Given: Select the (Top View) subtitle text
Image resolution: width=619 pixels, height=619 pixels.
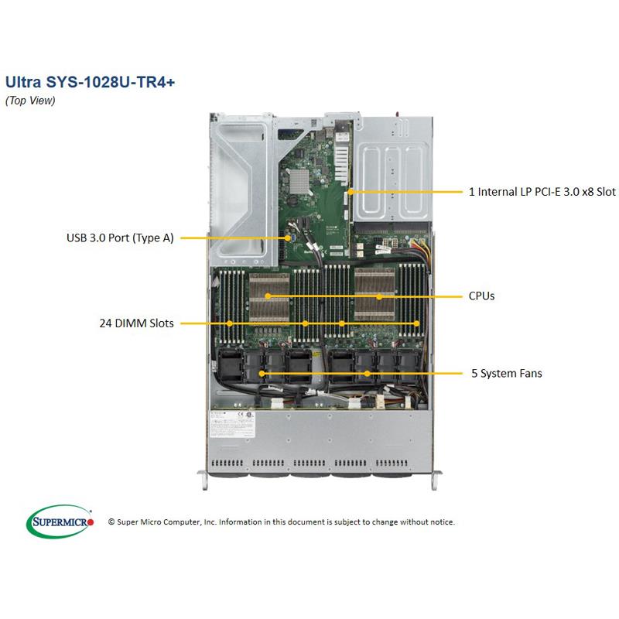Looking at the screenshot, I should pyautogui.click(x=30, y=101).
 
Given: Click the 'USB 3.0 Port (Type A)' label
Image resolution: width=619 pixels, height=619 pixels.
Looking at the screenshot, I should pyautogui.click(x=120, y=238).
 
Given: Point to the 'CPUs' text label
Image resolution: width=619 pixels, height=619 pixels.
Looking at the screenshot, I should pyautogui.click(x=481, y=296).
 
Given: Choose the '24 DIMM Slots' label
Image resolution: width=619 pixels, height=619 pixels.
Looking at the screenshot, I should pyautogui.click(x=135, y=323).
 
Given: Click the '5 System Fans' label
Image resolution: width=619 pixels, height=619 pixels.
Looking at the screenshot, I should pyautogui.click(x=507, y=373).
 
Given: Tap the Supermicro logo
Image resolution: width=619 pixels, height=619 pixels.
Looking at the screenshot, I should pyautogui.click(x=61, y=522).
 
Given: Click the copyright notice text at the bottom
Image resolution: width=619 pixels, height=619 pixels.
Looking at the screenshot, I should pyautogui.click(x=282, y=522).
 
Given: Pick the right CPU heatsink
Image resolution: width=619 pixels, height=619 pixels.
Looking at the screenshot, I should pyautogui.click(x=380, y=296).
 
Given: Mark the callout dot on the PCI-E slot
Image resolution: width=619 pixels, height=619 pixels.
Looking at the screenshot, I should pyautogui.click(x=351, y=190).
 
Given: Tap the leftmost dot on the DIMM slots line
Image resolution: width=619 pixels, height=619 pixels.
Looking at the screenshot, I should pyautogui.click(x=231, y=323).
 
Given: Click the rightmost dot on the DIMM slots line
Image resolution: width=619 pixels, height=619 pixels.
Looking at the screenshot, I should pyautogui.click(x=417, y=323).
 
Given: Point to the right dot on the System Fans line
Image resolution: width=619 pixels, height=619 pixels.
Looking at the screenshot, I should pyautogui.click(x=368, y=374).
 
